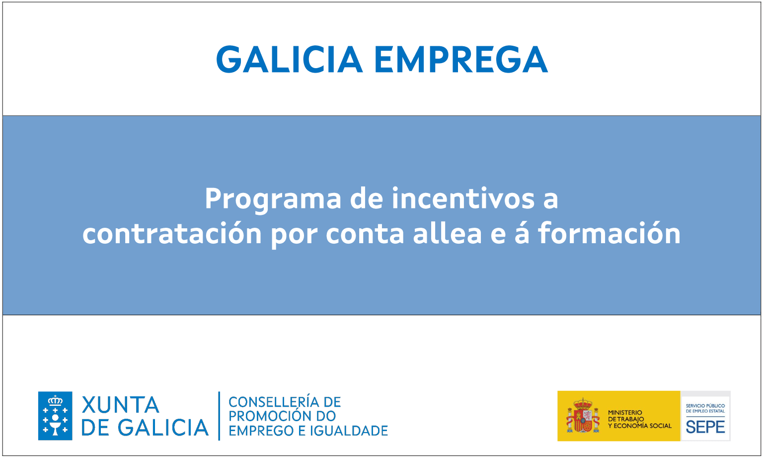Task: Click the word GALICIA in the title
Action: (x=289, y=60)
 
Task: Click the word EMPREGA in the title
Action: (x=461, y=60)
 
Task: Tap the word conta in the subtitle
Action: (x=365, y=234)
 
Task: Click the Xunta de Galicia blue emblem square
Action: (x=55, y=416)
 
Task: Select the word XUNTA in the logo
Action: (x=120, y=405)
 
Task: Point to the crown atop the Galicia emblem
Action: (x=55, y=400)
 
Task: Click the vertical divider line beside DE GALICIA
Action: (x=219, y=416)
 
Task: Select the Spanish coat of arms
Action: (x=583, y=415)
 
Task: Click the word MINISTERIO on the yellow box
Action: (x=625, y=413)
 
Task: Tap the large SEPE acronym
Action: (x=705, y=427)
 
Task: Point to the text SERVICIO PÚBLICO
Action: (x=705, y=406)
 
